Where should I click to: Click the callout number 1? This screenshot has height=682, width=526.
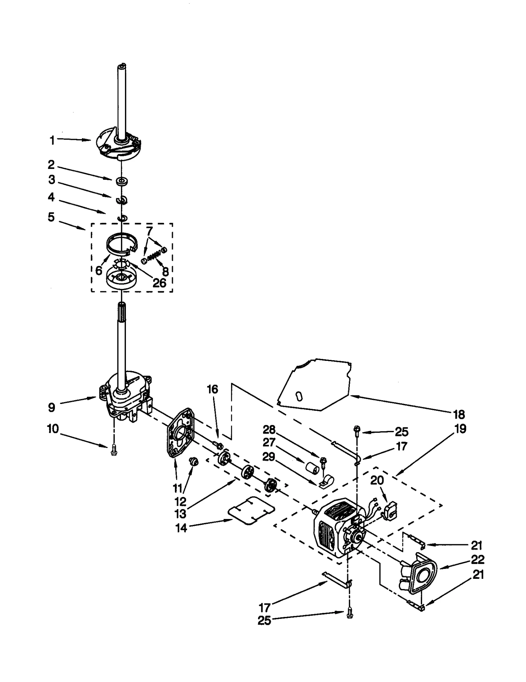click(52, 141)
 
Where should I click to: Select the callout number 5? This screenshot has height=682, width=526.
click(51, 217)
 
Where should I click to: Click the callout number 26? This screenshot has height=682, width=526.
click(159, 283)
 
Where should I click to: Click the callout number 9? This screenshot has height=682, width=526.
click(51, 408)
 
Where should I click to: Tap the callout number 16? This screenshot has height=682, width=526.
click(212, 389)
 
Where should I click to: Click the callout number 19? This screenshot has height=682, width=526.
click(461, 429)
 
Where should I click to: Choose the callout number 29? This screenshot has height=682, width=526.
click(269, 457)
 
